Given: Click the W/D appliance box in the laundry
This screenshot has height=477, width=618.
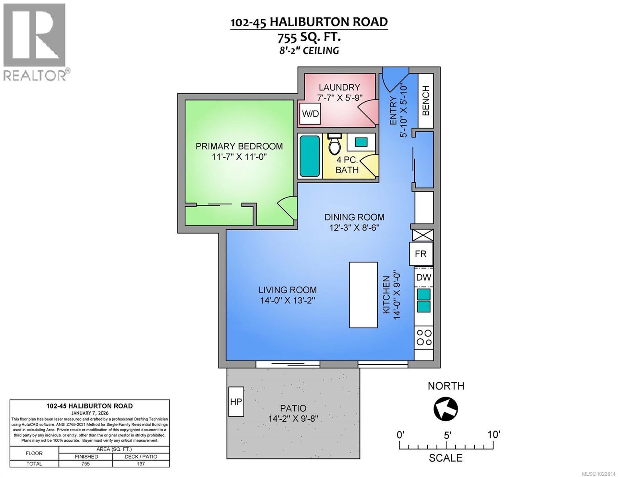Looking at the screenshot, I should pyautogui.click(x=310, y=114).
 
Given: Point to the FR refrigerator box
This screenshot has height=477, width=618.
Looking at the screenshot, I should pyautogui.click(x=421, y=254).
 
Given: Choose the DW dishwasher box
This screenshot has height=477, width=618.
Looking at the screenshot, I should pyautogui.click(x=423, y=277).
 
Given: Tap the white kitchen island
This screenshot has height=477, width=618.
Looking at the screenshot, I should pyautogui.click(x=363, y=295).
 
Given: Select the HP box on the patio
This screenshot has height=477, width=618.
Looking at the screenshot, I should pyautogui.click(x=236, y=401).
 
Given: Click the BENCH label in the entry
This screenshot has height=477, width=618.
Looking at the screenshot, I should pyautogui.click(x=426, y=101).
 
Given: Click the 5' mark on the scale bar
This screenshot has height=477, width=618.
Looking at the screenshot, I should pyautogui.click(x=447, y=435).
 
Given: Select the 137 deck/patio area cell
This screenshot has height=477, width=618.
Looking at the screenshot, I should pyautogui.click(x=141, y=463).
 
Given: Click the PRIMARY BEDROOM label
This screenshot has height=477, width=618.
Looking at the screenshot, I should pyautogui.click(x=239, y=146).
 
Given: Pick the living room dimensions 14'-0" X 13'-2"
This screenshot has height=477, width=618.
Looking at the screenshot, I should pyautogui.click(x=287, y=301).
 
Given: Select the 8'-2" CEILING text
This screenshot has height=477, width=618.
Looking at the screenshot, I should pyautogui.click(x=309, y=50).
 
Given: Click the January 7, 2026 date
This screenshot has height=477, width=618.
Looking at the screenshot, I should pyautogui.click(x=90, y=413).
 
